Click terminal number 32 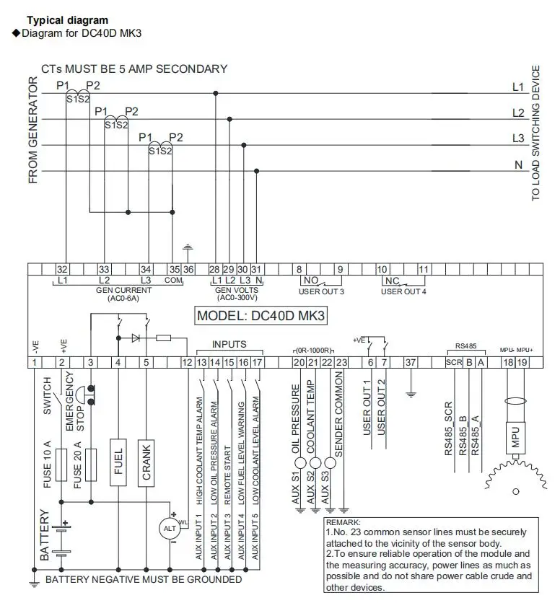[62, 270]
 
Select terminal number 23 [343, 362]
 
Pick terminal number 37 [411, 362]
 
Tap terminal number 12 [188, 362]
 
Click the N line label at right [518, 164]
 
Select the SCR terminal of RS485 [453, 362]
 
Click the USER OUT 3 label [321, 291]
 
